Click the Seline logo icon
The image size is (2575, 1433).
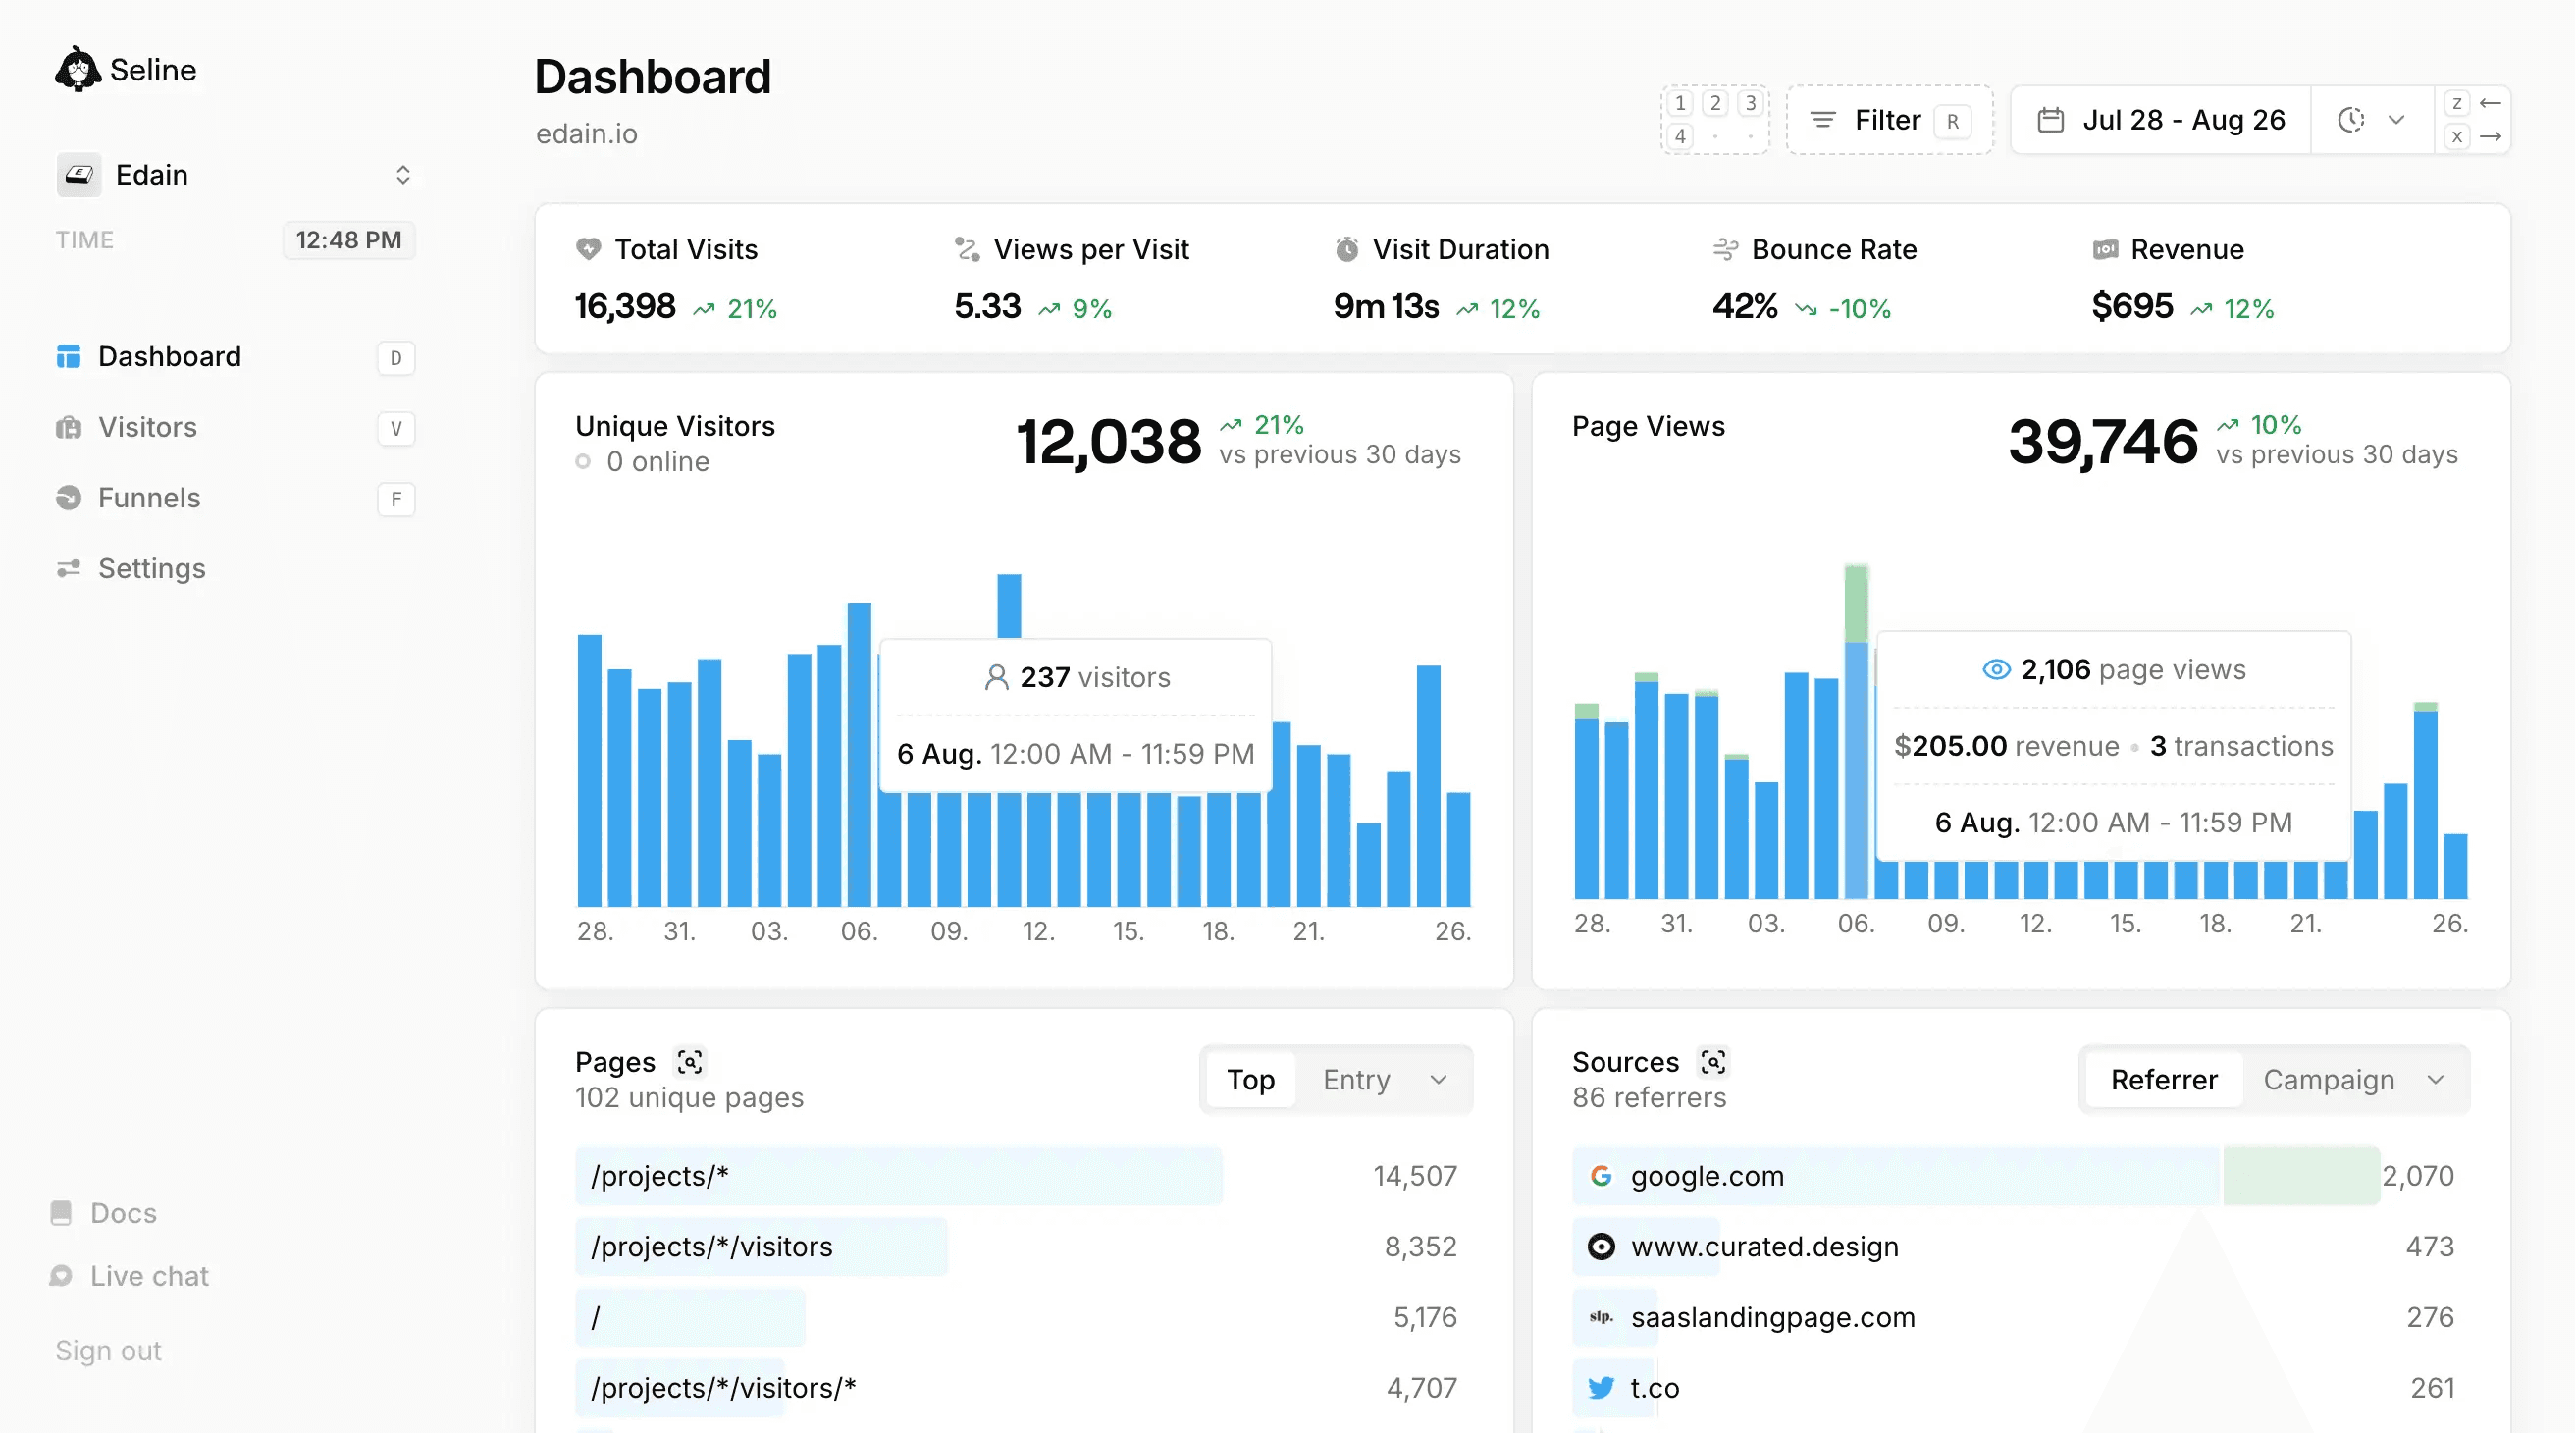(77, 69)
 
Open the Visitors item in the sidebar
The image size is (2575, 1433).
(147, 428)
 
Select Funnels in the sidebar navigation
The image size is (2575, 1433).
(149, 498)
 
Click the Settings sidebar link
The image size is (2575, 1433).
(151, 569)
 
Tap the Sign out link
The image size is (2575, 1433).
(108, 1351)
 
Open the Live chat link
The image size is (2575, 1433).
(149, 1276)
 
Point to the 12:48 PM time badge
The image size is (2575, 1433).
(347, 240)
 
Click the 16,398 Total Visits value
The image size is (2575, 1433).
(625, 306)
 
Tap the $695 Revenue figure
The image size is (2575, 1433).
(2131, 306)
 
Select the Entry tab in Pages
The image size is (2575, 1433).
(1355, 1080)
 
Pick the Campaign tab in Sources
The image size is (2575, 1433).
(2328, 1080)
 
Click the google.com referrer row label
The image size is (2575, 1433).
(1707, 1176)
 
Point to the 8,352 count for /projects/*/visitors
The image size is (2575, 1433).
(1419, 1247)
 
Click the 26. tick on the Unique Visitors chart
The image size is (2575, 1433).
(1451, 932)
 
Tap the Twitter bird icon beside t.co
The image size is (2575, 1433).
(1601, 1388)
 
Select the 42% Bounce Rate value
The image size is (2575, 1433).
(1745, 306)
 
